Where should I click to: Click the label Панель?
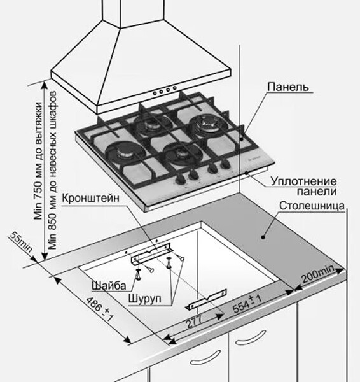point(287,86)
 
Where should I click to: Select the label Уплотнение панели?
point(303,186)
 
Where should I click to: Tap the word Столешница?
point(312,206)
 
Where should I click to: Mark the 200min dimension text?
point(319,276)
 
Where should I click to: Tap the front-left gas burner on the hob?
point(126,153)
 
